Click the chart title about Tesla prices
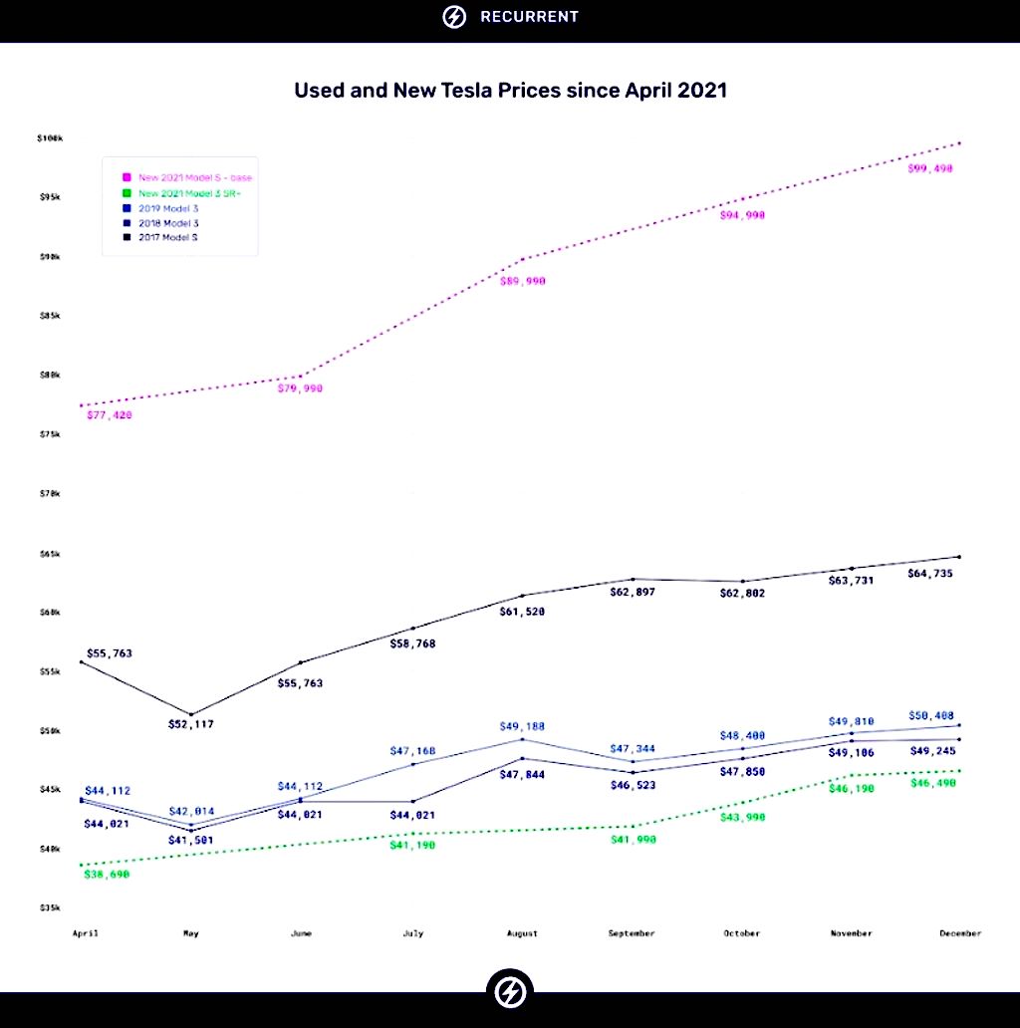click(x=510, y=91)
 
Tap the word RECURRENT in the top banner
click(x=529, y=17)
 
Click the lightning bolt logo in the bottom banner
click(x=510, y=991)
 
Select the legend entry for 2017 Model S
click(x=165, y=237)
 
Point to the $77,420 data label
click(x=110, y=414)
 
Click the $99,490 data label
click(x=930, y=169)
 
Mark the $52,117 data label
click(x=190, y=724)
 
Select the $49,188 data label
click(x=522, y=727)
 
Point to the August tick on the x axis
click(x=522, y=933)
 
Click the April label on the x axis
click(x=85, y=933)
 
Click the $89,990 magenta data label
click(x=522, y=282)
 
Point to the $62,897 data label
click(x=632, y=592)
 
